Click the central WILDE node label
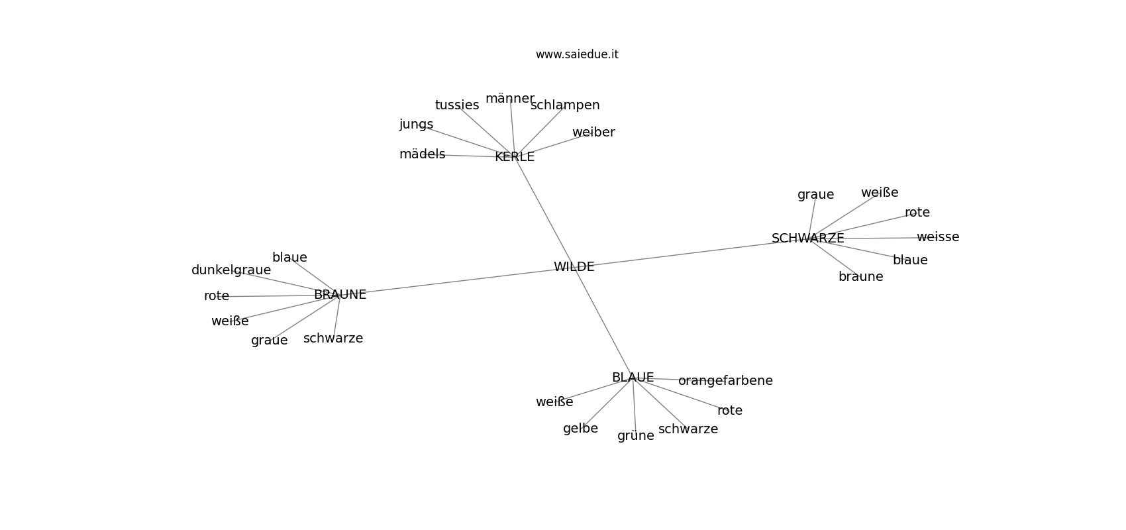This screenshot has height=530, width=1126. tap(574, 266)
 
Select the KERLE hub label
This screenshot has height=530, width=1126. tap(514, 157)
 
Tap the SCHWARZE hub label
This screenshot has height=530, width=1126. tap(808, 238)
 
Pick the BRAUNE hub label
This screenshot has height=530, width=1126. tap(340, 295)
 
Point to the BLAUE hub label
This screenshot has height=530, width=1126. tap(633, 377)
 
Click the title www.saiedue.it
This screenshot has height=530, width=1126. tap(577, 54)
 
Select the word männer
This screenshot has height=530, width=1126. tap(510, 99)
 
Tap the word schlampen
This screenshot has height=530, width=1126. tap(565, 105)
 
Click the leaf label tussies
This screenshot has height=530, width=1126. tap(457, 105)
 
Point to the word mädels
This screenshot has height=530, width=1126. tap(423, 154)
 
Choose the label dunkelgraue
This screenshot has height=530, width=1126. tap(231, 270)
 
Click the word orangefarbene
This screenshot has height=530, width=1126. tap(725, 381)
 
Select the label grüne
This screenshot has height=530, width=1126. tap(636, 435)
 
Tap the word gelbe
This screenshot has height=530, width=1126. tap(581, 429)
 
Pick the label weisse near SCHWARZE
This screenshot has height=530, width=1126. tap(938, 237)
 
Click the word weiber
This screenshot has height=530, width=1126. tap(593, 132)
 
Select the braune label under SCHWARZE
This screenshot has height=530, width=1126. tap(860, 276)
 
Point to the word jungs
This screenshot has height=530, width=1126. tap(416, 124)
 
